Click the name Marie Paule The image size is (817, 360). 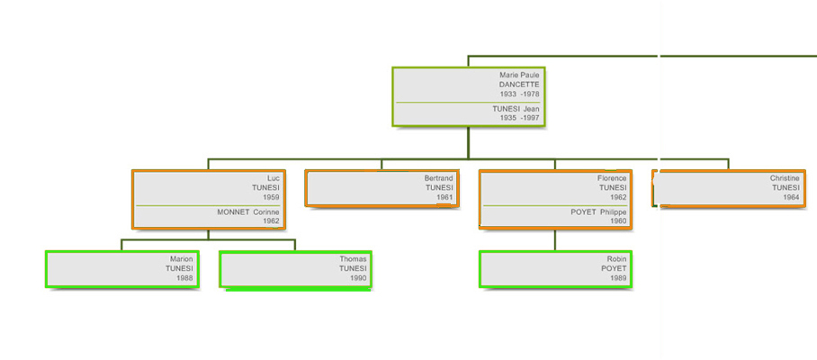click(519, 75)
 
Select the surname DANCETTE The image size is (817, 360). click(519, 85)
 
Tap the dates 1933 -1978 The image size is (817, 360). click(519, 94)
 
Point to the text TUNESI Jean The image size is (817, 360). click(516, 109)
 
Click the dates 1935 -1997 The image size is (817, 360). click(519, 118)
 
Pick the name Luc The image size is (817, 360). click(274, 178)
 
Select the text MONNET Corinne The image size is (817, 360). click(248, 212)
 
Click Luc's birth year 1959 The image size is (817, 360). click(272, 197)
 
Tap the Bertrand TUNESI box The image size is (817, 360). click(382, 188)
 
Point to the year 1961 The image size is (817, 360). click(445, 197)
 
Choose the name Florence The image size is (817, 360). click(612, 178)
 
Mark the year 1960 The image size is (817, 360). click(618, 220)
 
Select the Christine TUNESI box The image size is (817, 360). click(729, 188)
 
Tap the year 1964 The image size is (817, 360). click(792, 197)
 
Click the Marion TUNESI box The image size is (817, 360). click(122, 269)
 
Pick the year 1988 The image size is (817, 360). click(185, 278)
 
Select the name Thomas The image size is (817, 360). click(354, 259)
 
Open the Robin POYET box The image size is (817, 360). click(555, 269)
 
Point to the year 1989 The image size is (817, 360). click(618, 278)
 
